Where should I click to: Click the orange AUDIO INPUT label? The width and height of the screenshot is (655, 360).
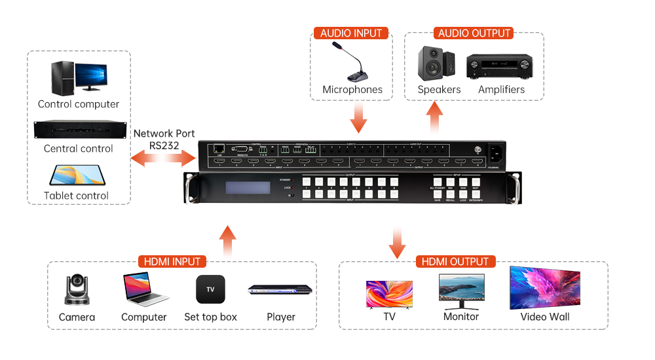(x=351, y=33)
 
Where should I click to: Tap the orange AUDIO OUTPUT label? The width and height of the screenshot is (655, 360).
(x=474, y=33)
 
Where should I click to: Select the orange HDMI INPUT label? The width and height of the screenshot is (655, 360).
(x=172, y=262)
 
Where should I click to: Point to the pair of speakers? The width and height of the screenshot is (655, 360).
(x=437, y=63)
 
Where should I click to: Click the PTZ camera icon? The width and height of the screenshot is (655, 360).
(x=77, y=290)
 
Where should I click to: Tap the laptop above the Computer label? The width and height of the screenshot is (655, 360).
(x=145, y=289)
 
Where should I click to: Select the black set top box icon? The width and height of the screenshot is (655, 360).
(x=210, y=289)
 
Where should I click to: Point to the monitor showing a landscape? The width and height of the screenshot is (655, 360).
(x=460, y=289)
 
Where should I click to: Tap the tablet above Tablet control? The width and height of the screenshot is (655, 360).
(x=77, y=175)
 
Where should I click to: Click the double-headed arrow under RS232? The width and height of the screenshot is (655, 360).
(x=164, y=158)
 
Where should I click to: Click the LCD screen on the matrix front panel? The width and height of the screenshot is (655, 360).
(x=248, y=188)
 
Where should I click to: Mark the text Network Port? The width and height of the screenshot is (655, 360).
(x=164, y=134)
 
